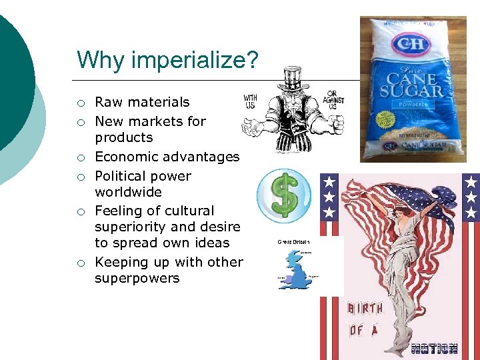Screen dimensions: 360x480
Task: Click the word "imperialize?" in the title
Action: (x=194, y=61)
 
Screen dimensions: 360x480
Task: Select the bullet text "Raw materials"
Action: (x=142, y=102)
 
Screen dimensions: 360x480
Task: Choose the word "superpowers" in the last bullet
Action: (x=137, y=278)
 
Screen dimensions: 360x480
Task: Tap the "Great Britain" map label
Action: (x=293, y=241)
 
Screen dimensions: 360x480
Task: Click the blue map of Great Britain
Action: (x=293, y=269)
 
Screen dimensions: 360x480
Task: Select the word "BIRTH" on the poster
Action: (x=366, y=309)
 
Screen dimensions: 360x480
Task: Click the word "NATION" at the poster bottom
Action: (x=434, y=347)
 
